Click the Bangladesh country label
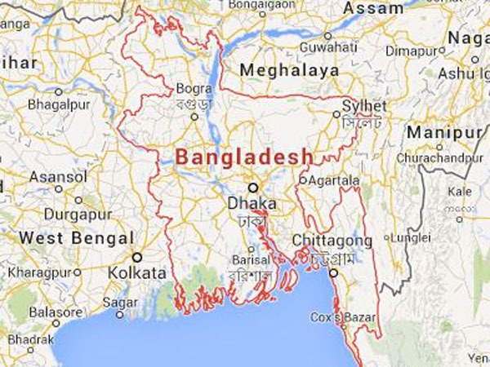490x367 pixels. click(x=244, y=155)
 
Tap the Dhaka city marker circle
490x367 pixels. click(x=252, y=186)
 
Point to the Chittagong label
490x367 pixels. click(x=332, y=241)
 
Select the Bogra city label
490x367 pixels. click(x=194, y=87)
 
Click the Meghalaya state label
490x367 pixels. click(x=289, y=70)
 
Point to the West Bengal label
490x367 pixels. click(x=76, y=237)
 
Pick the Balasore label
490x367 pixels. click(x=56, y=312)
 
